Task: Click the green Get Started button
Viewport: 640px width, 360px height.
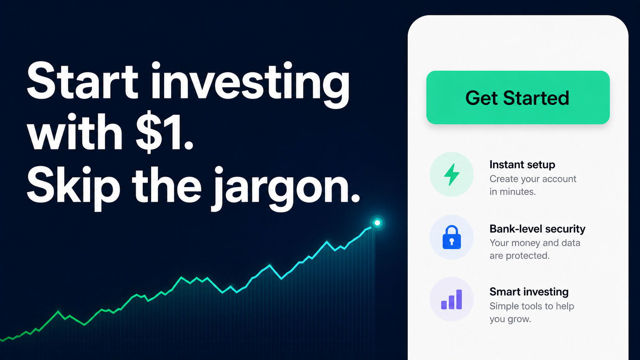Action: point(518,97)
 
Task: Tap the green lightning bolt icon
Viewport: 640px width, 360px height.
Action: point(452,174)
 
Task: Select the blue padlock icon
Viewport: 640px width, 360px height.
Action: point(452,237)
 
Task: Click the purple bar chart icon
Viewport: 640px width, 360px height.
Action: point(451,300)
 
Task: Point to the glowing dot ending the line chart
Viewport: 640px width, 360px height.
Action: point(377,223)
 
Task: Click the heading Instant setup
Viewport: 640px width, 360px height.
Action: point(522,165)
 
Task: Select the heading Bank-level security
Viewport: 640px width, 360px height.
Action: point(537,229)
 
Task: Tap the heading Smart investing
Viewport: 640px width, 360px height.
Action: point(529,292)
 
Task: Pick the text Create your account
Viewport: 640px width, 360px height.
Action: point(533,179)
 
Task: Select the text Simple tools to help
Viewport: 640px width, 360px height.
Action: point(532,306)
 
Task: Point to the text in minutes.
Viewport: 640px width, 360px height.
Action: point(513,192)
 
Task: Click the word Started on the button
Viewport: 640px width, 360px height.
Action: point(536,98)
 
